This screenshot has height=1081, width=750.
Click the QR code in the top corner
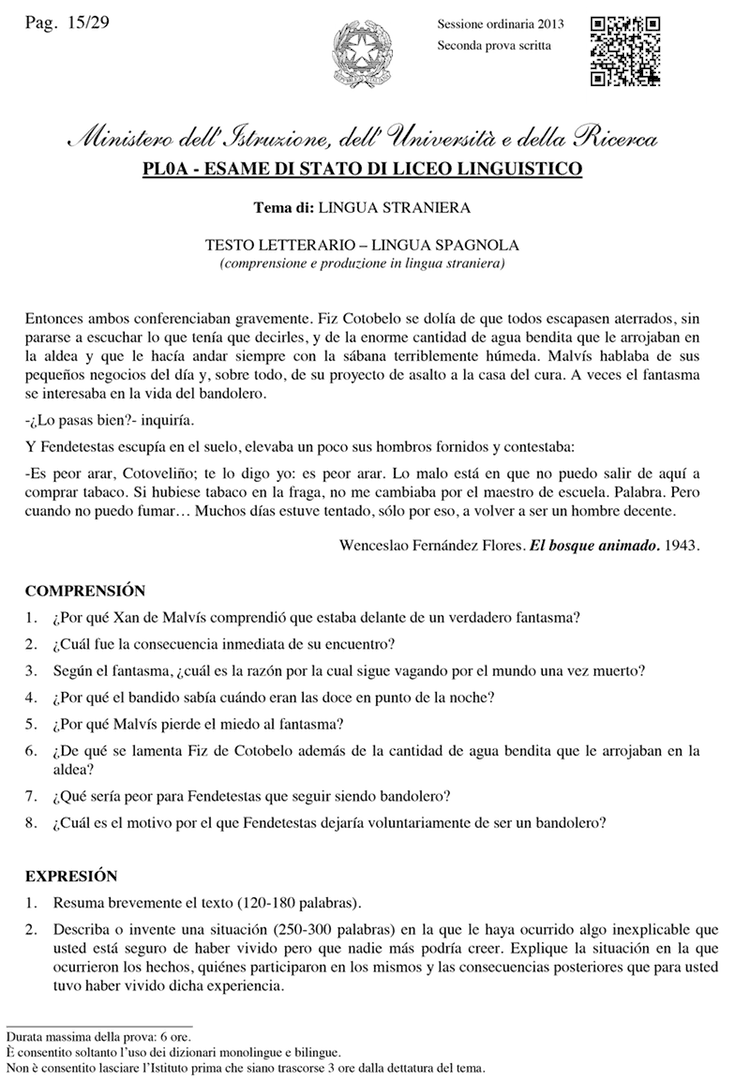pos(624,52)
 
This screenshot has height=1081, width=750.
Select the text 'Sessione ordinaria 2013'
pos(499,24)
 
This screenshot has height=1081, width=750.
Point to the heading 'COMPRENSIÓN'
pos(85,591)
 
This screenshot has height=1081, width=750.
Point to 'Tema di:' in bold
pos(284,208)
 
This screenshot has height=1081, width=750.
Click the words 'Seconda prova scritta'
pos(494,46)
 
